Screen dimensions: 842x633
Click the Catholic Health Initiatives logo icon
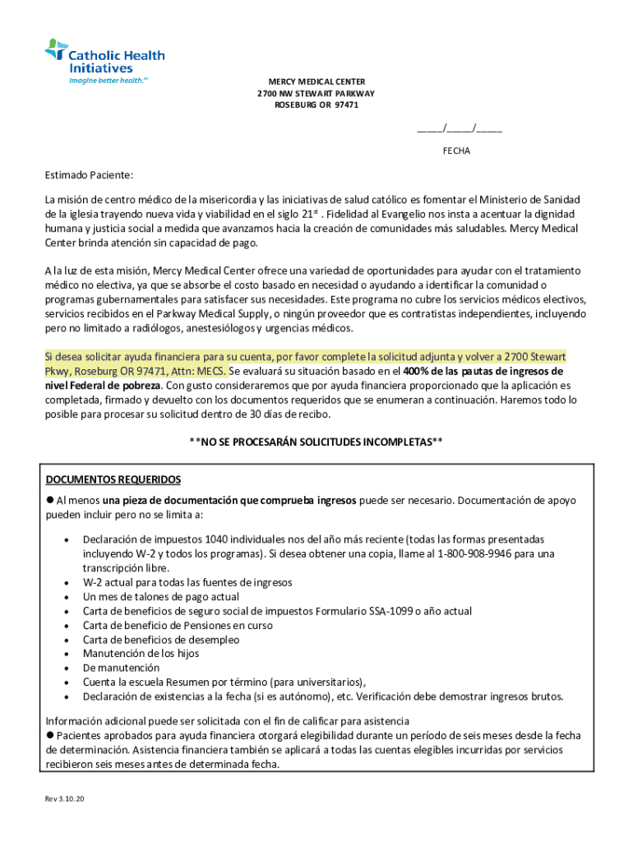(x=56, y=49)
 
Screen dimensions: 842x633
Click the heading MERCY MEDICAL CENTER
(x=316, y=81)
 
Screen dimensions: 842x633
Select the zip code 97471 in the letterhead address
(x=345, y=105)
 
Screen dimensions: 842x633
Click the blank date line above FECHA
(x=460, y=128)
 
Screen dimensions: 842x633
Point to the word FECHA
(x=456, y=151)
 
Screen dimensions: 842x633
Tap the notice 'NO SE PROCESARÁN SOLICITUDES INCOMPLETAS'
(x=316, y=442)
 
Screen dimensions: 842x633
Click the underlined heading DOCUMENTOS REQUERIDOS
(x=113, y=479)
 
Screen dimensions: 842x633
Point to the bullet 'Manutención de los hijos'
(x=141, y=654)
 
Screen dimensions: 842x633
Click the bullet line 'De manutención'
(x=121, y=668)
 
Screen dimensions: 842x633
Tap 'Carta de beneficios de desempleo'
(x=161, y=639)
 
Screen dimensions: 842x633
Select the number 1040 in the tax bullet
(x=216, y=539)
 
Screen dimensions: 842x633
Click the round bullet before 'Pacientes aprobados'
(x=50, y=734)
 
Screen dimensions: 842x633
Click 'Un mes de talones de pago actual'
(x=161, y=596)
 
